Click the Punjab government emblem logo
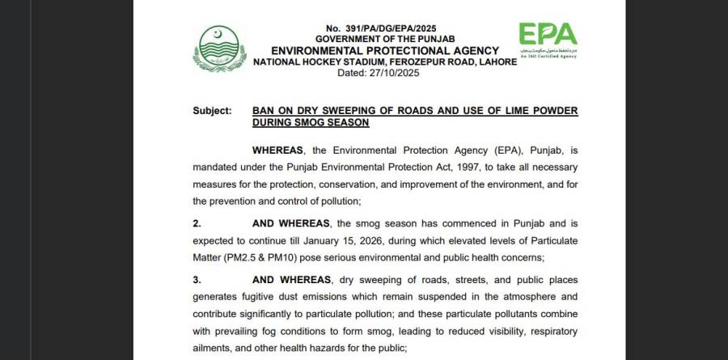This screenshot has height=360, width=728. (216, 48)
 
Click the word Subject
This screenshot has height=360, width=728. (212, 111)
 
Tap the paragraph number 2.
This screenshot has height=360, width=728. (197, 222)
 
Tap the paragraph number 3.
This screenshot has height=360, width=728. (197, 280)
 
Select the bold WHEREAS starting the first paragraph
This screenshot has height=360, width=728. (278, 150)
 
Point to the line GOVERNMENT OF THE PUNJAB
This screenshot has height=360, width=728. (385, 38)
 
